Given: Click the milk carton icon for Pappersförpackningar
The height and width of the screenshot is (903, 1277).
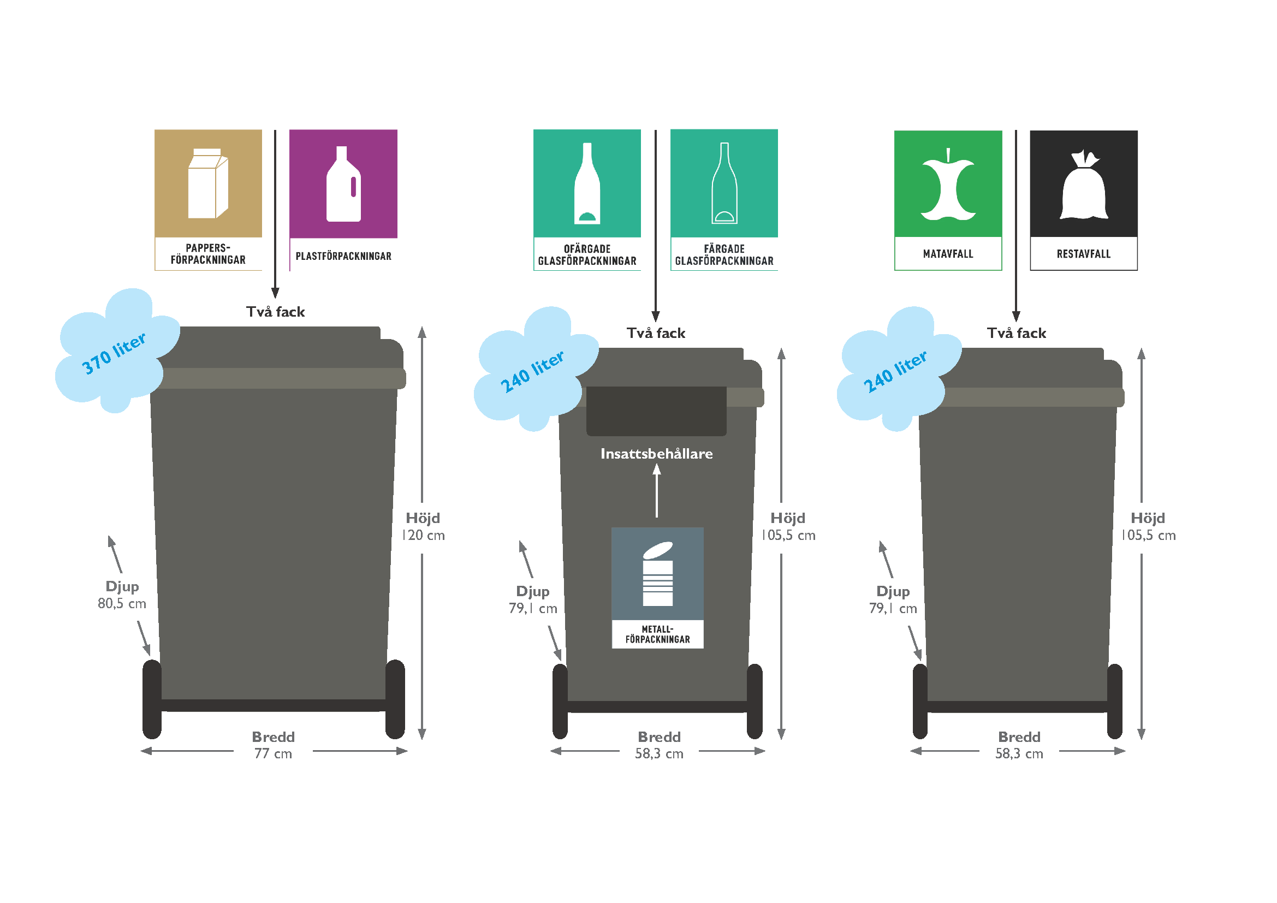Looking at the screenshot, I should point(207,183).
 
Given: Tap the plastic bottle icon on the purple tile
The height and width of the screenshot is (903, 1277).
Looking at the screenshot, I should point(343,185).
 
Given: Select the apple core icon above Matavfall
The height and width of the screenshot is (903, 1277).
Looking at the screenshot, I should point(948,186).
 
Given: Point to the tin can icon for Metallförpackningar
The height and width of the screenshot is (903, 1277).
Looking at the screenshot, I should point(657,574).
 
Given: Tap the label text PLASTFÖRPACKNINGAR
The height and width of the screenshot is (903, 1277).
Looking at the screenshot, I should point(343,257).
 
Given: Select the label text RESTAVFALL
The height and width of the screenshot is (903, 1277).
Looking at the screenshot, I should point(1083,254).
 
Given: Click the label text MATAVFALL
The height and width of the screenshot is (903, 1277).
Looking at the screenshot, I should point(948,254).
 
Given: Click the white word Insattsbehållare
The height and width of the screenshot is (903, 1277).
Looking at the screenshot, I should point(656,454).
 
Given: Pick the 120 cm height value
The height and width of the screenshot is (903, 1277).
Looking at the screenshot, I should point(423,536).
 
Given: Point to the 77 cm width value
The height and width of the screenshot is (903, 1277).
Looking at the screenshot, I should point(273,754).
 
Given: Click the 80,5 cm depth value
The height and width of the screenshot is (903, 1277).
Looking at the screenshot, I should point(122,604).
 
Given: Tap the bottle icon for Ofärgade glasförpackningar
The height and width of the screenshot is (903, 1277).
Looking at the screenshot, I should point(587,185).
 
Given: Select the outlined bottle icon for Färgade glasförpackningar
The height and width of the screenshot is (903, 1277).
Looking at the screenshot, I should point(724,185).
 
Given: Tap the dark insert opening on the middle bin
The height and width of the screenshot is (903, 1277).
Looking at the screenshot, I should point(656,411).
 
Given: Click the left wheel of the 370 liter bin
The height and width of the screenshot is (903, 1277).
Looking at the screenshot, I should point(152,699).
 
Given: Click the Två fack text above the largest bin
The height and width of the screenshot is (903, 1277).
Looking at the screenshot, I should point(275,312).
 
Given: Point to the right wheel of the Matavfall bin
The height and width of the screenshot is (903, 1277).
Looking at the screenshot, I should point(1115,702).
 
